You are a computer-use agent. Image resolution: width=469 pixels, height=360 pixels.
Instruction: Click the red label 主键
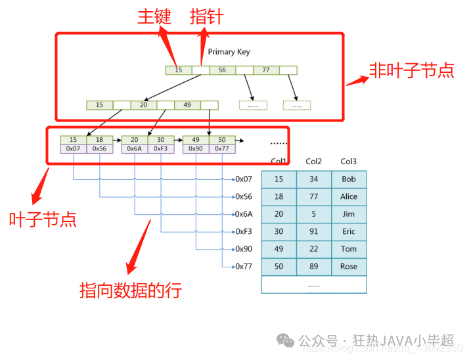[154, 16]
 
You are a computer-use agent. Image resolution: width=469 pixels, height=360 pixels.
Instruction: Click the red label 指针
[206, 16]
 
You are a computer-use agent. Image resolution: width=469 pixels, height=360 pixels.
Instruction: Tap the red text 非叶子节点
[411, 71]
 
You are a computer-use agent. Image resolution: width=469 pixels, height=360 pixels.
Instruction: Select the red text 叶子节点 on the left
[43, 219]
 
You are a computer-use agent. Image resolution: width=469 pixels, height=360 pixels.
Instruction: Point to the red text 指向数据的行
[130, 290]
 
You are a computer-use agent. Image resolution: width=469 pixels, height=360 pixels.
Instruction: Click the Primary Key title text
[229, 52]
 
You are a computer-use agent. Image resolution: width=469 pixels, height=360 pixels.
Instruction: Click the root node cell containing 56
[222, 70]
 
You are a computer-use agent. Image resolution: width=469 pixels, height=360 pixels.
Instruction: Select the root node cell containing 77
[266, 70]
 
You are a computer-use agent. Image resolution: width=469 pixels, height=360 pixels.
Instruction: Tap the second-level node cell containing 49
[187, 104]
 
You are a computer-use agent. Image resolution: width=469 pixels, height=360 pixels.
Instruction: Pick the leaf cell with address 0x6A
[134, 148]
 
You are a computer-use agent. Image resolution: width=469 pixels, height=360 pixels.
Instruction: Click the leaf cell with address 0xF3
[160, 148]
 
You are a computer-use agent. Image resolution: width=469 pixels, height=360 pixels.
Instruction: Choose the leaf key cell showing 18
[99, 139]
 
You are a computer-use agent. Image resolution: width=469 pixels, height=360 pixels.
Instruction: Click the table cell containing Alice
[349, 196]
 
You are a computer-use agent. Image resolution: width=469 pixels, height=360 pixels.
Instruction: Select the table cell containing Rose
[349, 267]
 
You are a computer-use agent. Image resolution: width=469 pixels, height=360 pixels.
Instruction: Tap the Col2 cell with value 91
[313, 231]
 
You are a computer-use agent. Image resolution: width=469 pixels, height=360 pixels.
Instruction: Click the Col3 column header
[348, 162]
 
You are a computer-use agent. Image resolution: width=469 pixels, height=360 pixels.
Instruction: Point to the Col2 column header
[313, 162]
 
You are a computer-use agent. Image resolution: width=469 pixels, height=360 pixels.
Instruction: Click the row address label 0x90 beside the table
[244, 249]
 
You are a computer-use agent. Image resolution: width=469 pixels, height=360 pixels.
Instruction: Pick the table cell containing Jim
[349, 214]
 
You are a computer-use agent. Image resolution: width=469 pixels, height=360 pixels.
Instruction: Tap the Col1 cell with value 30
[279, 231]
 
